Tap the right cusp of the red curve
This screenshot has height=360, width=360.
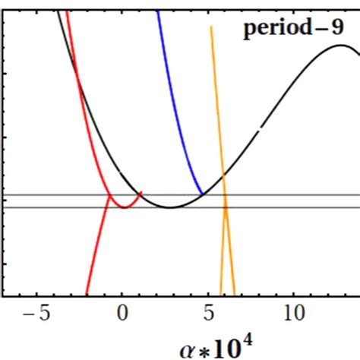[x=141, y=191]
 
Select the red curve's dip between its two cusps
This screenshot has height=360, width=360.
[x=124, y=207]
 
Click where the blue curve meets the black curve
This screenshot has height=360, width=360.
[x=201, y=195]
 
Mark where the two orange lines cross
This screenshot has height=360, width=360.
[x=225, y=204]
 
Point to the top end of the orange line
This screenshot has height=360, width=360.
[x=210, y=27]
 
